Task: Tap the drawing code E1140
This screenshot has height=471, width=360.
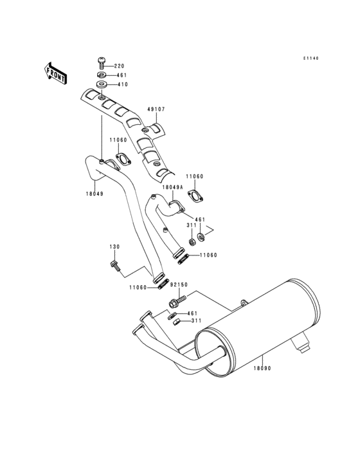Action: [311, 59]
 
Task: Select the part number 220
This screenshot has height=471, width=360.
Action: [120, 66]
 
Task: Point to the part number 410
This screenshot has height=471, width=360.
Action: [122, 84]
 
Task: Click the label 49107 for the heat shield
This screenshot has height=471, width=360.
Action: [156, 109]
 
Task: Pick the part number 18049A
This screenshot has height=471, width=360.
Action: [172, 187]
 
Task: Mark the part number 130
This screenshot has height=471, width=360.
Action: [114, 246]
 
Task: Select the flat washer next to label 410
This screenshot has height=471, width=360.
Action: [102, 85]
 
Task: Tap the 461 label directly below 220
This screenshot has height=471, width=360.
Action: [122, 75]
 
